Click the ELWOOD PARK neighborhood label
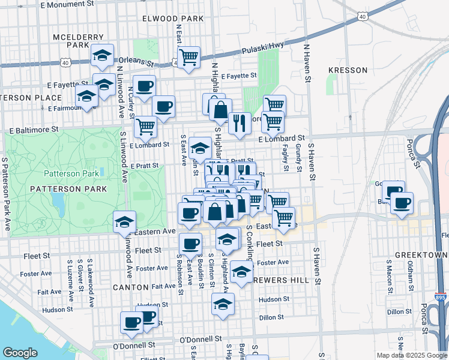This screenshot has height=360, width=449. (173, 19)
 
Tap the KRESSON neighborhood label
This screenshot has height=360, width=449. (348, 70)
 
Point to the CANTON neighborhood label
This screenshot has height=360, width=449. (130, 287)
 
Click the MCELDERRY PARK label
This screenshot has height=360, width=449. (71, 40)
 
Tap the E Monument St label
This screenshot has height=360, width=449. (68, 4)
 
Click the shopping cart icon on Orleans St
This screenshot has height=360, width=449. (189, 57)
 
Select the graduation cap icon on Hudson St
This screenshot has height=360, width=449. (223, 304)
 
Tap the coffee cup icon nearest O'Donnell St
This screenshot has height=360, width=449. (132, 322)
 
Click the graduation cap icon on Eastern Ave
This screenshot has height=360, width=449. (124, 221)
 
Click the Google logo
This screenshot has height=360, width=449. (20, 353)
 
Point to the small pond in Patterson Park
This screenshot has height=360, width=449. (58, 200)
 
